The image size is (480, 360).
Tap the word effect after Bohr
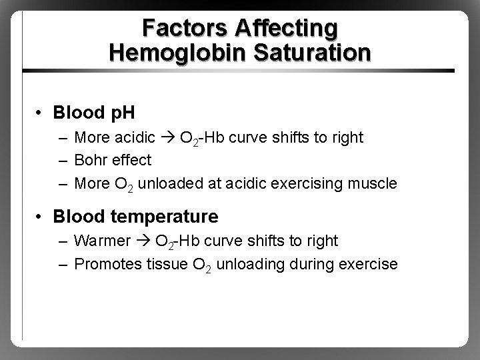133,161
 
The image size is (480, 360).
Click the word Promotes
106,264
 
